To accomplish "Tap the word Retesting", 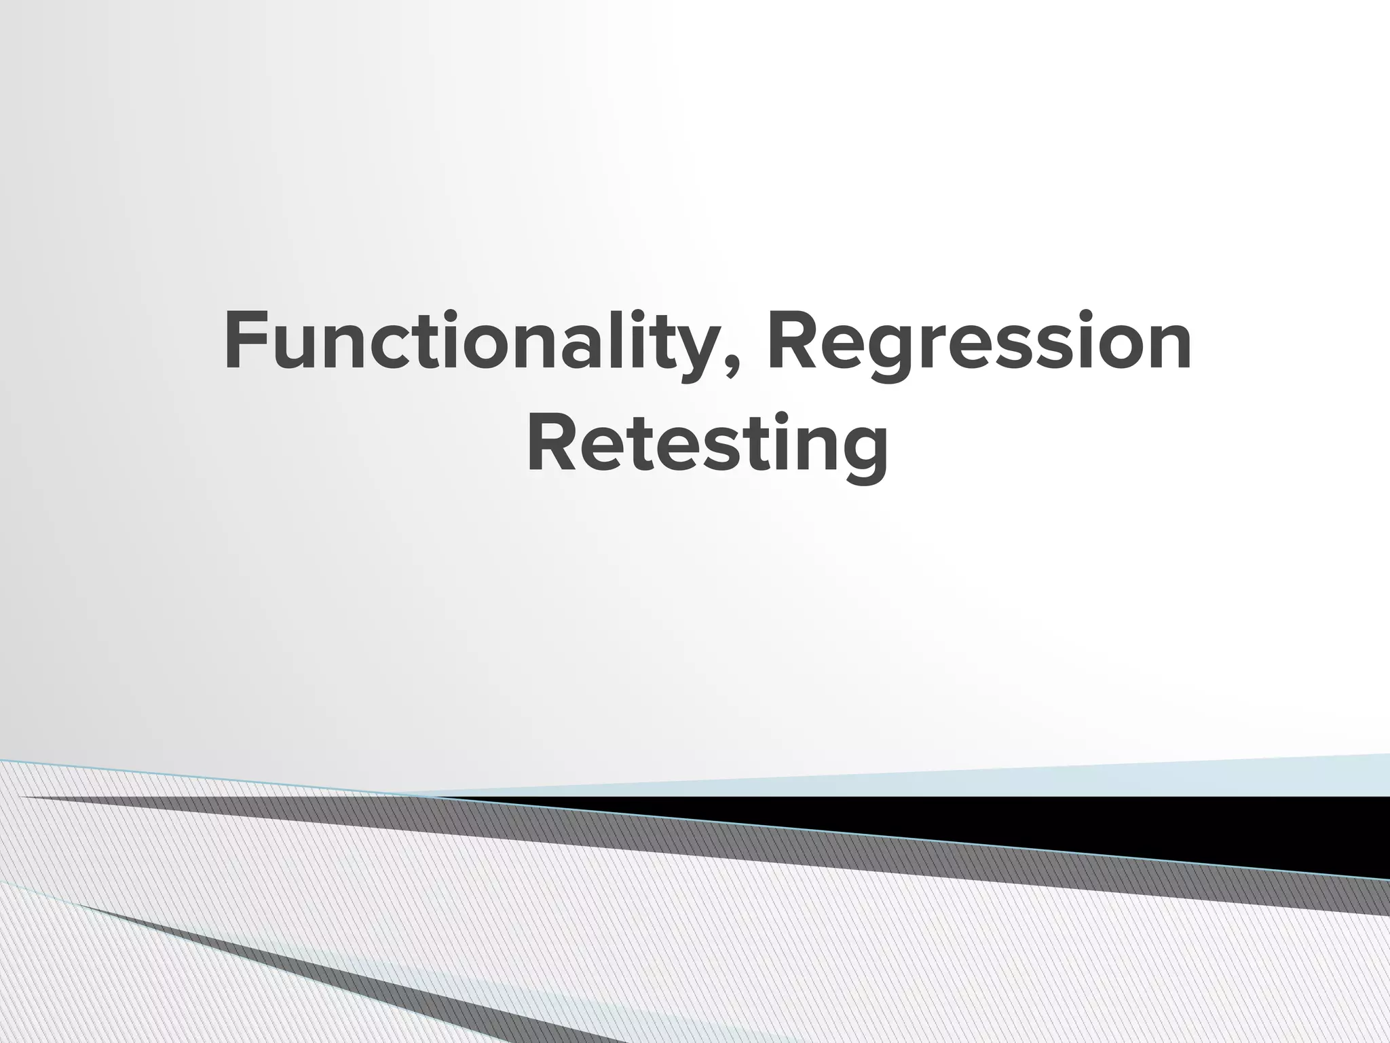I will (707, 444).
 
